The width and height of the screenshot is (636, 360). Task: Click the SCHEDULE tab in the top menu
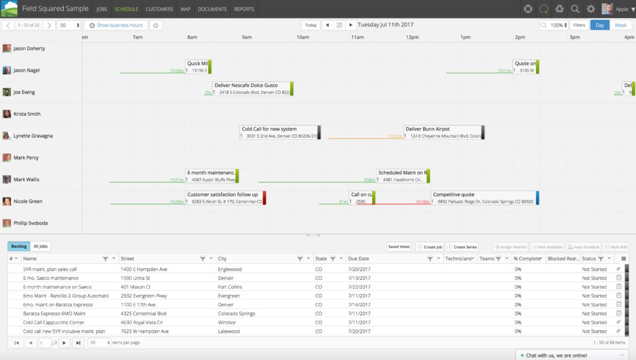(x=126, y=9)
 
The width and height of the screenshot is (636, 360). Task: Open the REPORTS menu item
(x=243, y=9)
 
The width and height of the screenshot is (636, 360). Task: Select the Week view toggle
(x=620, y=25)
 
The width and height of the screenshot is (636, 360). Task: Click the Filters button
(x=579, y=25)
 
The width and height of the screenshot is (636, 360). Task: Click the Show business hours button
(x=116, y=25)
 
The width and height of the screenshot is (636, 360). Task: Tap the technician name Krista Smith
(x=27, y=114)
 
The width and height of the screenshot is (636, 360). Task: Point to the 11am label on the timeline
(x=357, y=37)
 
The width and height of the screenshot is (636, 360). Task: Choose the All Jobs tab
(x=41, y=246)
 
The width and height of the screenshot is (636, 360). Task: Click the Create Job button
(x=429, y=246)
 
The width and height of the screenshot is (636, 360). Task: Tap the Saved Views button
(x=399, y=246)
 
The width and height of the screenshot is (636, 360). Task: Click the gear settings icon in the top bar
(x=591, y=9)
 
